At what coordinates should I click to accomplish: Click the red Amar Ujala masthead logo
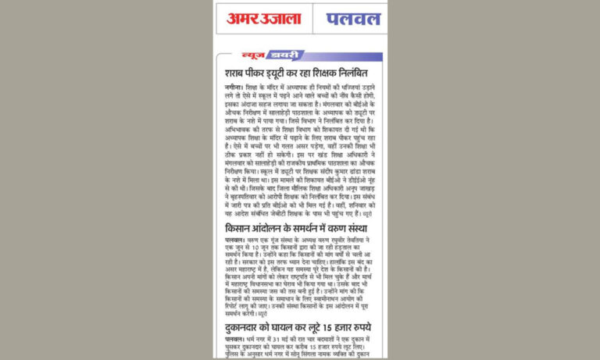point(264,18)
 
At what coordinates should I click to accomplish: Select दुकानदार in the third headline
point(248,327)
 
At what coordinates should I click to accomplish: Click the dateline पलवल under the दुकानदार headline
point(234,341)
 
